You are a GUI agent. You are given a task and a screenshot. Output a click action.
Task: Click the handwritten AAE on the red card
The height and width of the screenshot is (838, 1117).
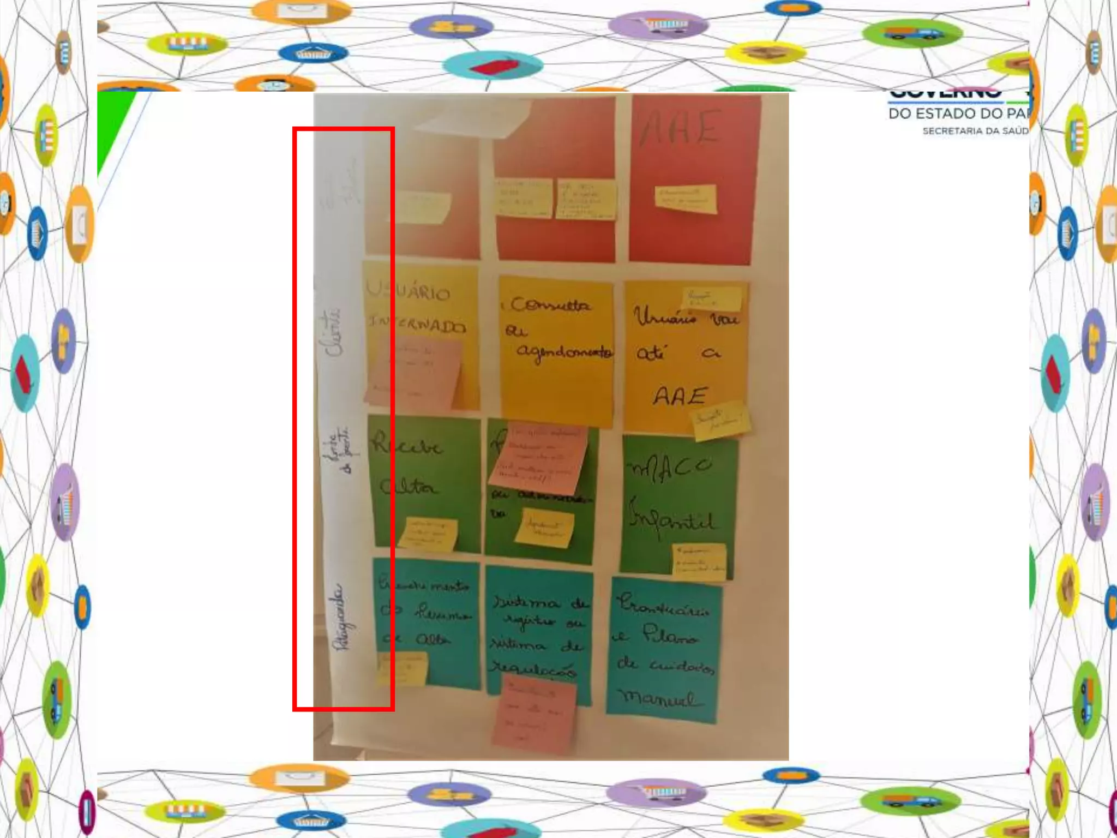(680, 130)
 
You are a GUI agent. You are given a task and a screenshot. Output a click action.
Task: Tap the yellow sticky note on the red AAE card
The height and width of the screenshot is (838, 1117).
(686, 199)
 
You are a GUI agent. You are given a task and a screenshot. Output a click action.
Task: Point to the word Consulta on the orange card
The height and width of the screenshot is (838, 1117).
(550, 305)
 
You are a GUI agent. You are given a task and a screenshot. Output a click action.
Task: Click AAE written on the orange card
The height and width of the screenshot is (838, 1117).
(680, 396)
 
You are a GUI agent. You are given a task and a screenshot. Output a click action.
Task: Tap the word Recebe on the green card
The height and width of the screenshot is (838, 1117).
(407, 446)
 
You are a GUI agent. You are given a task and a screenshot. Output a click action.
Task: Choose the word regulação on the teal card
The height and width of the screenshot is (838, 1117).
(533, 669)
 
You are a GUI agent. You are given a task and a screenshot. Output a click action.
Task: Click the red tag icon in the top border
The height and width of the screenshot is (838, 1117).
(493, 67)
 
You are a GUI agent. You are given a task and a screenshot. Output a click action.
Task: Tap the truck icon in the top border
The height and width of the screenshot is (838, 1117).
(912, 34)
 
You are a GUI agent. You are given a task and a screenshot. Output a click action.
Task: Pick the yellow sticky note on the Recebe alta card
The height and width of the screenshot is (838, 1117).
(428, 533)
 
